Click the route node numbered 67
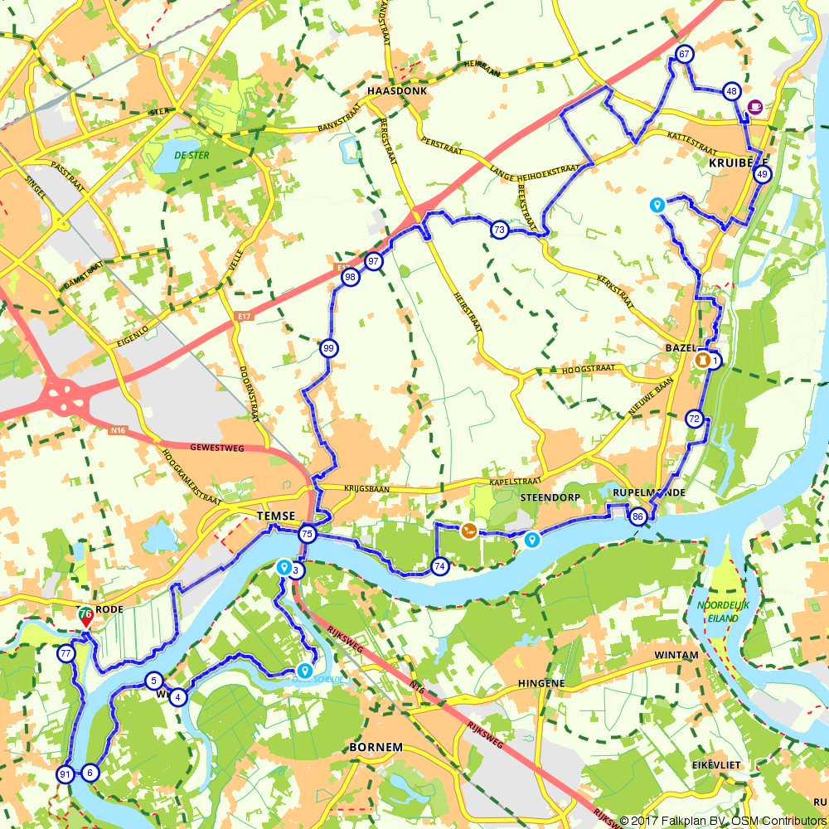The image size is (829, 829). tap(684, 55)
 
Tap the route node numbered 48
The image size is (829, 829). tap(730, 91)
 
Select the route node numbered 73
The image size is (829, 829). tap(499, 230)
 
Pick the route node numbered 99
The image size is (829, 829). tap(328, 348)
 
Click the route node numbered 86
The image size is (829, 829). tap(637, 516)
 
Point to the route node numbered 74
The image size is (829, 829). tap(439, 566)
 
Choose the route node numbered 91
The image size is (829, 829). tap(65, 774)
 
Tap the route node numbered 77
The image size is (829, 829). tap(65, 653)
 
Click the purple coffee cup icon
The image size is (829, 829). tap(754, 106)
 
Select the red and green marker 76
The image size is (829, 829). tap(85, 616)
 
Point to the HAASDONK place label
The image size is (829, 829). tap(398, 92)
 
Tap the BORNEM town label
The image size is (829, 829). tap(376, 747)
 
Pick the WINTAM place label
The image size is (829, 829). tap(677, 655)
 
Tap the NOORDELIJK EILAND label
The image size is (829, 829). tap(723, 611)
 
